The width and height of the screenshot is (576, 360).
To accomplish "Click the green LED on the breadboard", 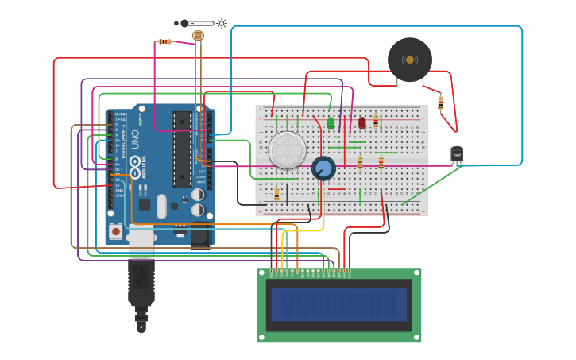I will (x=331, y=122).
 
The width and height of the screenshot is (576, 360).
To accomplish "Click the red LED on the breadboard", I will (x=362, y=122).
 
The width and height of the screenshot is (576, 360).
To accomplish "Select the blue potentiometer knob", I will (x=323, y=168).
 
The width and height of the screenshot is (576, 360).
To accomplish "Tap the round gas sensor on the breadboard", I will (x=286, y=150).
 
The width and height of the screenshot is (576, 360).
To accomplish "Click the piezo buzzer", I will (x=410, y=60).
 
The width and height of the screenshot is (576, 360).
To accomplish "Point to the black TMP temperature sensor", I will (x=457, y=154).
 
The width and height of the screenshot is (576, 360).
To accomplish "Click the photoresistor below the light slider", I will (x=199, y=36).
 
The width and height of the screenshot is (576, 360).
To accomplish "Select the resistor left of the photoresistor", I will (x=164, y=41).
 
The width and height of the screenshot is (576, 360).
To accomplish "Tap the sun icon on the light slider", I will (x=222, y=23).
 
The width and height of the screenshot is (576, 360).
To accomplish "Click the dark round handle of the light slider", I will (x=184, y=23).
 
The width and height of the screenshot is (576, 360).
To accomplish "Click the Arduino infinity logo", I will (x=136, y=168).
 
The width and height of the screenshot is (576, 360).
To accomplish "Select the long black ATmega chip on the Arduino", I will (x=182, y=149).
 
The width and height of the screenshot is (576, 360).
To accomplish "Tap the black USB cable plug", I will (x=141, y=282).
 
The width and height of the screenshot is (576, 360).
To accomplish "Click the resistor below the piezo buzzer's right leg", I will (x=440, y=102).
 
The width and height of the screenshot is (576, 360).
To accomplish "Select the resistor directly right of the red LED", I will (x=376, y=122).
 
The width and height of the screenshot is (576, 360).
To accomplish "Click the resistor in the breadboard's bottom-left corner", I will (x=276, y=195).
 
